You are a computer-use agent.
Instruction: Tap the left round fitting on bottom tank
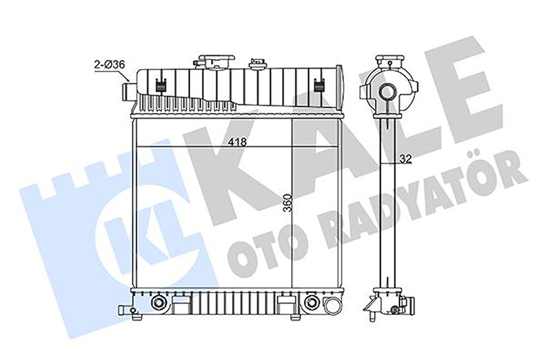158,303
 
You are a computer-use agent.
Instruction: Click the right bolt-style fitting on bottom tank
311,303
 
